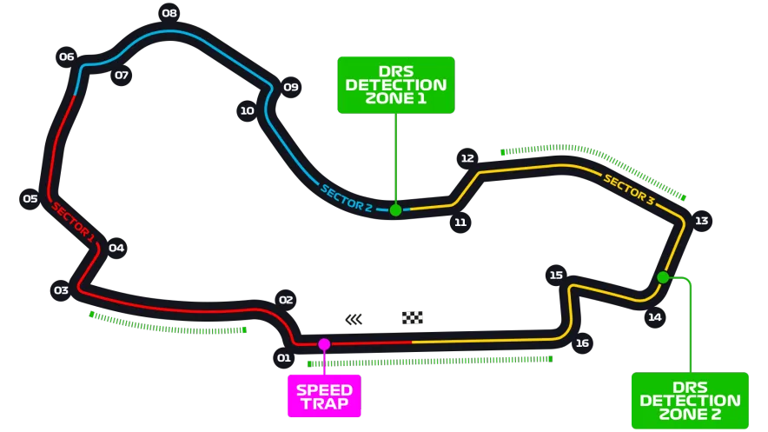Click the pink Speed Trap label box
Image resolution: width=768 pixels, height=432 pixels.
[323, 397]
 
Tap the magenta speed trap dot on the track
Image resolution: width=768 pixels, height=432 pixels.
[324, 344]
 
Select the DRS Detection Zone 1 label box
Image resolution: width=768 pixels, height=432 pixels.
[395, 85]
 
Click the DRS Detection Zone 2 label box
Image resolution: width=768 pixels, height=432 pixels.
[690, 401]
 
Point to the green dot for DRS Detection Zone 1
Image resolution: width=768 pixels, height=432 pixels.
[395, 209]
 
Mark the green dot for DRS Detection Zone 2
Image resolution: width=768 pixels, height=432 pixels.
[663, 277]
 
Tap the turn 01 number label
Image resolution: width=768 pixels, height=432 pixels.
[283, 357]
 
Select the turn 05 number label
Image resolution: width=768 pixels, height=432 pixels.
[30, 198]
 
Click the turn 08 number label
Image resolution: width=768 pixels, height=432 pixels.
[169, 13]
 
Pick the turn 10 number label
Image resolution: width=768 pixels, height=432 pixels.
[247, 110]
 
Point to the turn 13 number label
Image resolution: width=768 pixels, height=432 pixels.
[701, 221]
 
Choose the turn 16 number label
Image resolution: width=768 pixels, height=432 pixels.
[582, 343]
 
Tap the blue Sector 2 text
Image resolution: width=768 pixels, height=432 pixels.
[346, 198]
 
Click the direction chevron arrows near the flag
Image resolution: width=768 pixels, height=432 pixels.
[353, 320]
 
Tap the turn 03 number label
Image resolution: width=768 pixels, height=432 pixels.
[61, 290]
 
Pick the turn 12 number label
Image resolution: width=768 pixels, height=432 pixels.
[467, 158]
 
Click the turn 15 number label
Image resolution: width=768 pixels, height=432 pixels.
[556, 276]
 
